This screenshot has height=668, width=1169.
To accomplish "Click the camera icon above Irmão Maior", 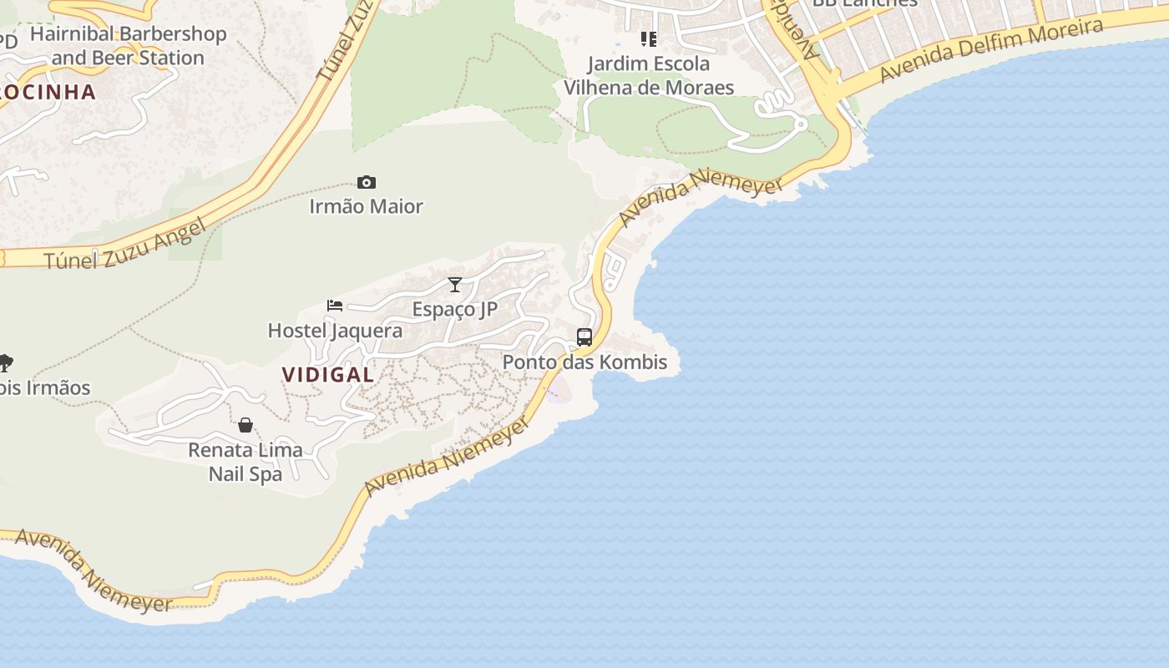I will point(366,183).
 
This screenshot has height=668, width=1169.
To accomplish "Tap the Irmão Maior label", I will point(366,206).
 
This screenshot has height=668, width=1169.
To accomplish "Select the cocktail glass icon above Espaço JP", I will point(454,285).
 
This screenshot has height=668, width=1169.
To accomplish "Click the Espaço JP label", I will point(454,310).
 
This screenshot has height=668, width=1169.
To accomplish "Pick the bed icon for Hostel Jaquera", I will point(335,306).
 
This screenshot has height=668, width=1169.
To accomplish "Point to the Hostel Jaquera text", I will point(335,331).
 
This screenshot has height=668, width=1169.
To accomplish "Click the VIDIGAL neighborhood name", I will point(328,375).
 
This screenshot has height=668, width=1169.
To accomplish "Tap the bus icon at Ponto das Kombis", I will point(584,337).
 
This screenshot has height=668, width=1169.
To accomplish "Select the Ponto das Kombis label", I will point(584,362).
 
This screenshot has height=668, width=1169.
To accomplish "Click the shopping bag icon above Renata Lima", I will point(245,425).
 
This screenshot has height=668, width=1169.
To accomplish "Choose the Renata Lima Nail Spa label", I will point(245,462).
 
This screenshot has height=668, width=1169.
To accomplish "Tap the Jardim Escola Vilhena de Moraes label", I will point(649,75).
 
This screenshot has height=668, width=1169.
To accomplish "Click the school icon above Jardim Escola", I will point(649,39).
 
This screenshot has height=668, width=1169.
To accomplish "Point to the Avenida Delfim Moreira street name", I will point(991,51).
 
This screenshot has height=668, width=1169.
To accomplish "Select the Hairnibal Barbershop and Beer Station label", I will point(128,46).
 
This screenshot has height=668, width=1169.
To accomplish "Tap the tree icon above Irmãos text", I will point(5,362).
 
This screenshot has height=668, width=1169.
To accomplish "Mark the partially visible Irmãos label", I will point(46,388).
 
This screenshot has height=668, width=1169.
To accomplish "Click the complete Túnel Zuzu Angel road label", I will point(125,245).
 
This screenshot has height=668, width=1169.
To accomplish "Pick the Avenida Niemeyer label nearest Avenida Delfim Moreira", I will point(701,200).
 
